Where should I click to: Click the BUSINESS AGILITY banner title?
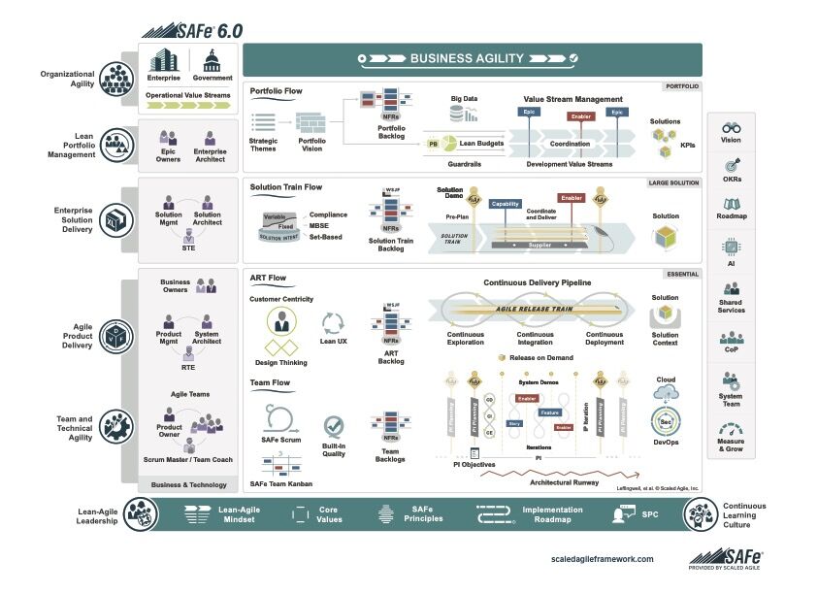(x=467, y=58)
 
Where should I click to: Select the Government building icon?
(x=212, y=60)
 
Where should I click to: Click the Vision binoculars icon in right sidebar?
(x=731, y=127)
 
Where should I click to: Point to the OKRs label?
(x=731, y=179)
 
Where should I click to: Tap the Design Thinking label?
(x=280, y=362)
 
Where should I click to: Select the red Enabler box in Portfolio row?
(x=580, y=116)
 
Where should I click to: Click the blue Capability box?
(x=506, y=204)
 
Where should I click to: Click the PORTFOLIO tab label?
(x=681, y=86)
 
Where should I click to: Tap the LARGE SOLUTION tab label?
(x=673, y=181)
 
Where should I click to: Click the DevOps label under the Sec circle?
(x=666, y=442)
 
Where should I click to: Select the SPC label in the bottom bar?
(x=649, y=513)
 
